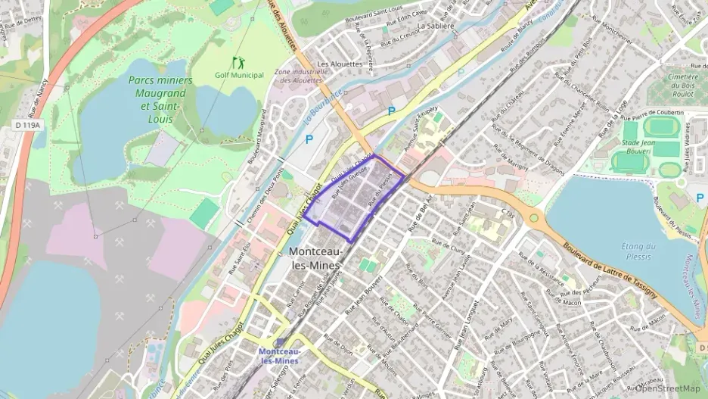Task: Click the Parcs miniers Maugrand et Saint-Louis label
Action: tap(160, 99)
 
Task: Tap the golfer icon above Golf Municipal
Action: tap(239, 62)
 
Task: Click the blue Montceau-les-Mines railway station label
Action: tap(279, 356)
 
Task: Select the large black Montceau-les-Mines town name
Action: tap(317, 258)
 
